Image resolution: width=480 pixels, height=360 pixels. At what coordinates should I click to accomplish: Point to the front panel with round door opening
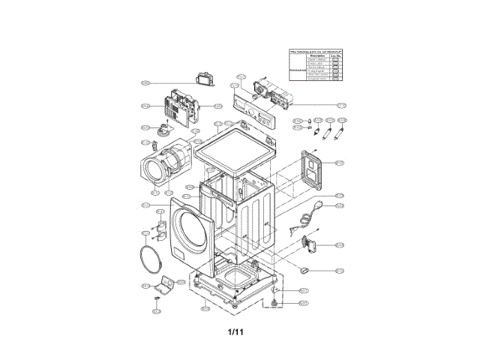pos(183,229)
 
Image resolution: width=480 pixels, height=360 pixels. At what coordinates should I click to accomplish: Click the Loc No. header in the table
pos(337,55)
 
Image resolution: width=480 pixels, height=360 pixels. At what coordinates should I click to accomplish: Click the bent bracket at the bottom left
pos(167,284)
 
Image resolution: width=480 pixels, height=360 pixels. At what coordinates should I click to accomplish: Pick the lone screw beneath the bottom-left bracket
pos(157,300)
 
